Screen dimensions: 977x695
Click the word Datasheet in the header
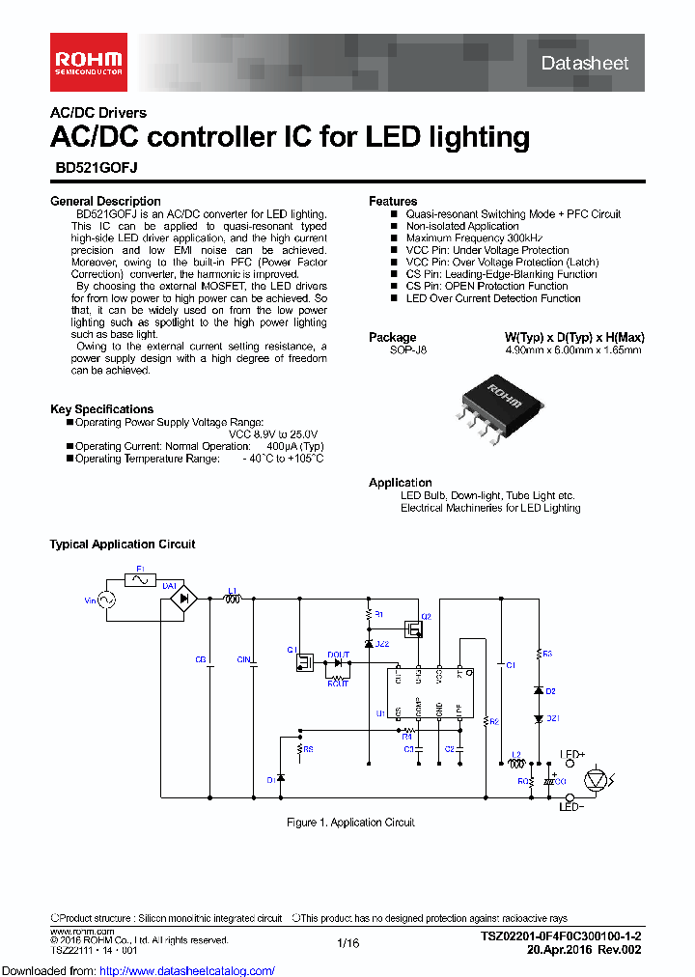point(583,63)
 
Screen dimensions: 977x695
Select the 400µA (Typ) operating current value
point(295,446)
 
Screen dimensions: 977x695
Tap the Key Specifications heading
point(101,409)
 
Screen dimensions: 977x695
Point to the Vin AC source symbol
point(102,600)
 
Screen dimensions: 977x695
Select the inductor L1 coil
point(232,600)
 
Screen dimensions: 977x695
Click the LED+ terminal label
point(573,756)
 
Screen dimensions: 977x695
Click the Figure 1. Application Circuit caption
point(350,823)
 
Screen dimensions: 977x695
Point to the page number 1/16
point(347,942)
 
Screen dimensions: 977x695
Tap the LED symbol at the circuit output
point(598,777)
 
